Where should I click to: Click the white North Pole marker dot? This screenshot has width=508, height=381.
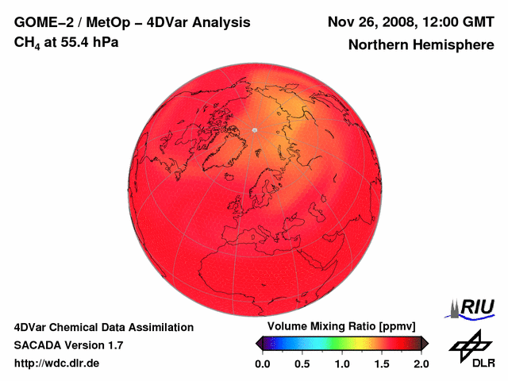click(x=254, y=130)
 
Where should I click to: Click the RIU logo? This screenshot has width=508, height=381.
click(x=472, y=308)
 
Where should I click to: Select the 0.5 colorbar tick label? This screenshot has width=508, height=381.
click(x=302, y=364)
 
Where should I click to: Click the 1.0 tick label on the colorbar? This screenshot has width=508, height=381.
click(x=342, y=364)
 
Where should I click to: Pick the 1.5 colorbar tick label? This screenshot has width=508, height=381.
click(x=382, y=364)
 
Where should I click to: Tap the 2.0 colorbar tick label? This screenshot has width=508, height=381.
click(x=421, y=364)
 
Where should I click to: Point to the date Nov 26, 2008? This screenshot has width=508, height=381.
click(x=371, y=22)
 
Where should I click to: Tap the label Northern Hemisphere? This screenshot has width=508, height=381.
click(x=421, y=45)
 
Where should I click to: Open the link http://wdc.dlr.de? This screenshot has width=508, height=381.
click(x=57, y=364)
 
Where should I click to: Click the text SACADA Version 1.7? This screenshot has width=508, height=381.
click(x=68, y=345)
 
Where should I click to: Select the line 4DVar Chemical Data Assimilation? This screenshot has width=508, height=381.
click(x=103, y=327)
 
